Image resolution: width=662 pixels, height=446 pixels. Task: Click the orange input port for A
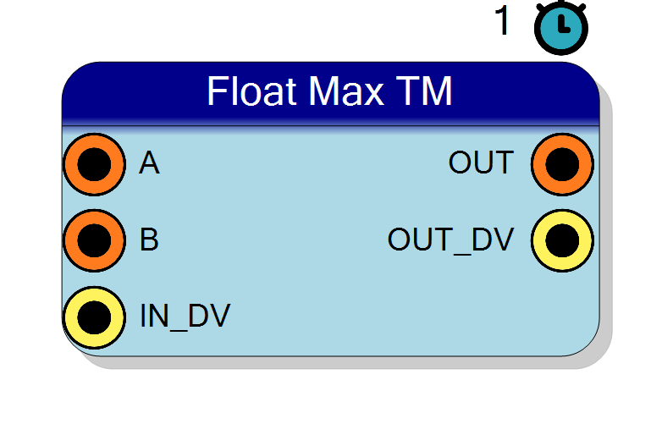pos(95,164)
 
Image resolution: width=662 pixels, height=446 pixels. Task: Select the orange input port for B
pos(95,240)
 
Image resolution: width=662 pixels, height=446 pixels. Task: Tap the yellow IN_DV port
pos(95,317)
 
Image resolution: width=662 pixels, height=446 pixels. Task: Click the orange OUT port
pos(562,164)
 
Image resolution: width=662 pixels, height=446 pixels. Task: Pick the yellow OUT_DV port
pos(562,240)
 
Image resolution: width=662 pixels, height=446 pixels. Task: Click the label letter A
pos(149,162)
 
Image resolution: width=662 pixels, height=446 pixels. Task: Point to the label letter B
pos(149,240)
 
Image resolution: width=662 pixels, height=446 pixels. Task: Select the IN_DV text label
pos(185,317)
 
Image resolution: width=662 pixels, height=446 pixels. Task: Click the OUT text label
pos(481,162)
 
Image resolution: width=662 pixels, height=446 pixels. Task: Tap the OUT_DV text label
pos(450,240)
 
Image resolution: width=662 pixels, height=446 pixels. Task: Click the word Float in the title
pos(251,91)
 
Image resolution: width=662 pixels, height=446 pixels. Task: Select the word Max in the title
pos(346,91)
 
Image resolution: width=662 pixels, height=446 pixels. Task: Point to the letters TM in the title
pos(424,91)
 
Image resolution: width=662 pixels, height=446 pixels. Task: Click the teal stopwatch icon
pos(561,28)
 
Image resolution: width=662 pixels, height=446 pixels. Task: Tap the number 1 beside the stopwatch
pos(502,20)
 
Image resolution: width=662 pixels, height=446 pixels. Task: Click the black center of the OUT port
pos(562,164)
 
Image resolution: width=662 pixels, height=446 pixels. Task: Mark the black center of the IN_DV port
pos(95,317)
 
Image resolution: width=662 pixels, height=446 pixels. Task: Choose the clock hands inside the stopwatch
pos(563,25)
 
